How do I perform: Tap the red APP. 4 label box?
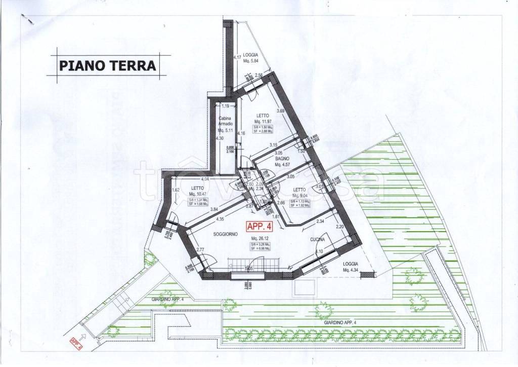[x=260, y=227]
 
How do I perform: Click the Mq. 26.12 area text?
[x=260, y=239]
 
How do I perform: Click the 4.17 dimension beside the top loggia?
[x=236, y=57]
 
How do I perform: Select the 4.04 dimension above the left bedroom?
[x=205, y=179]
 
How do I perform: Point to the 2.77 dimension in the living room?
[x=200, y=250]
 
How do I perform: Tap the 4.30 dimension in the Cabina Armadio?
[x=219, y=138]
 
